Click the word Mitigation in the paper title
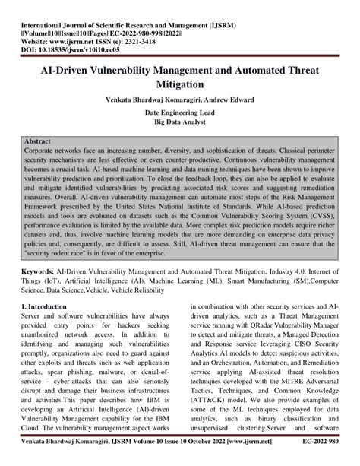pos(179,87)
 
